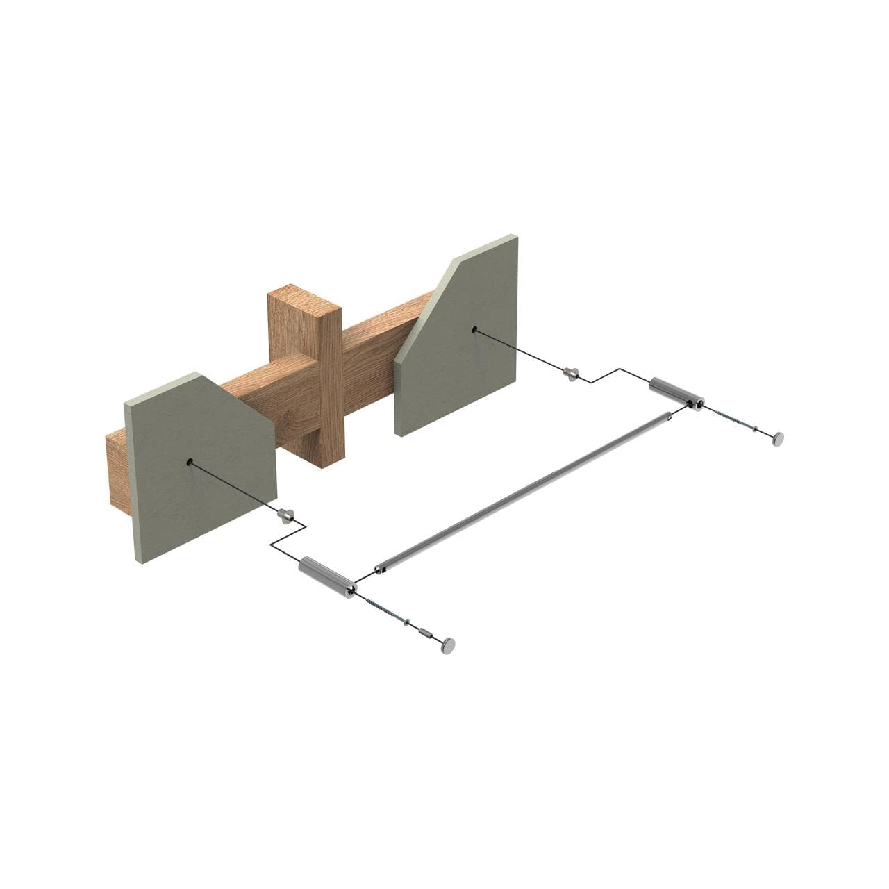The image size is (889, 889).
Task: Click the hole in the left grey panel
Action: pyautogui.click(x=190, y=462)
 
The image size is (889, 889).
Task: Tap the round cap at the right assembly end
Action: pyautogui.click(x=779, y=438)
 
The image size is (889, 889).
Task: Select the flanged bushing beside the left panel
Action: pyautogui.click(x=285, y=514)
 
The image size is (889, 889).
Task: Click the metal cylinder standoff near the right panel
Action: pyautogui.click(x=676, y=393)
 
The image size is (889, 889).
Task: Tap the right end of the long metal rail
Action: pyautogui.click(x=667, y=417)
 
